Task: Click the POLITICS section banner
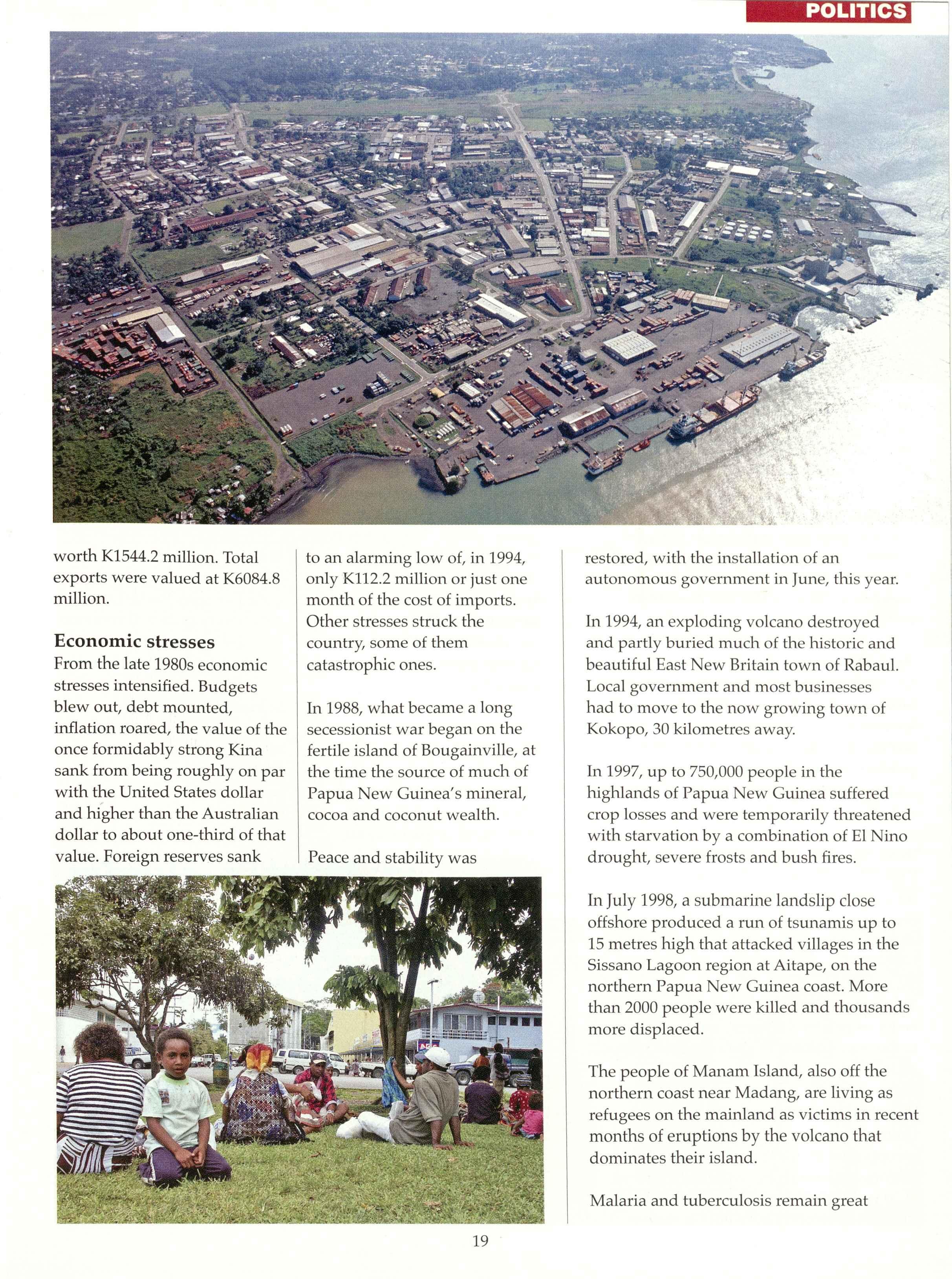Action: coord(828,11)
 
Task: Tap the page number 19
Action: coord(480,1241)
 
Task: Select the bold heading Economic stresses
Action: coord(134,641)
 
